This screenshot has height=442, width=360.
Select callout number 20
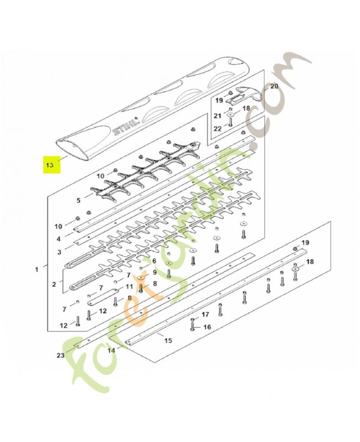pyautogui.click(x=274, y=86)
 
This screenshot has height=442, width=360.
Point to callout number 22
pyautogui.click(x=218, y=129)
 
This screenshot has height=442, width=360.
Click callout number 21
pyautogui.click(x=218, y=116)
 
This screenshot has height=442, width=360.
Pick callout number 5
pyautogui.click(x=78, y=201)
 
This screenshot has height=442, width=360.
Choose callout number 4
pyautogui.click(x=59, y=239)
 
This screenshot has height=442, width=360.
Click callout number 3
pyautogui.click(x=59, y=252)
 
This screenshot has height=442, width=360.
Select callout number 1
pyautogui.click(x=36, y=270)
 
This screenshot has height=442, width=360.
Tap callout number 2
pyautogui.click(x=54, y=284)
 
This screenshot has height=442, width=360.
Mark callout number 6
pyautogui.click(x=154, y=261)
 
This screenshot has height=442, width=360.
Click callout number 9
pyautogui.click(x=155, y=272)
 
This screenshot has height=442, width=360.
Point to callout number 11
pyautogui.click(x=129, y=287)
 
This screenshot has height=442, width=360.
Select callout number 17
pyautogui.click(x=205, y=314)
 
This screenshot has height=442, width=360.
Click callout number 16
pyautogui.click(x=207, y=327)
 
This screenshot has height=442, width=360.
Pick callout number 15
pyautogui.click(x=168, y=340)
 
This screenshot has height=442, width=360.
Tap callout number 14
pyautogui.click(x=112, y=351)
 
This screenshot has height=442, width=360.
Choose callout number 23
pyautogui.click(x=61, y=355)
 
